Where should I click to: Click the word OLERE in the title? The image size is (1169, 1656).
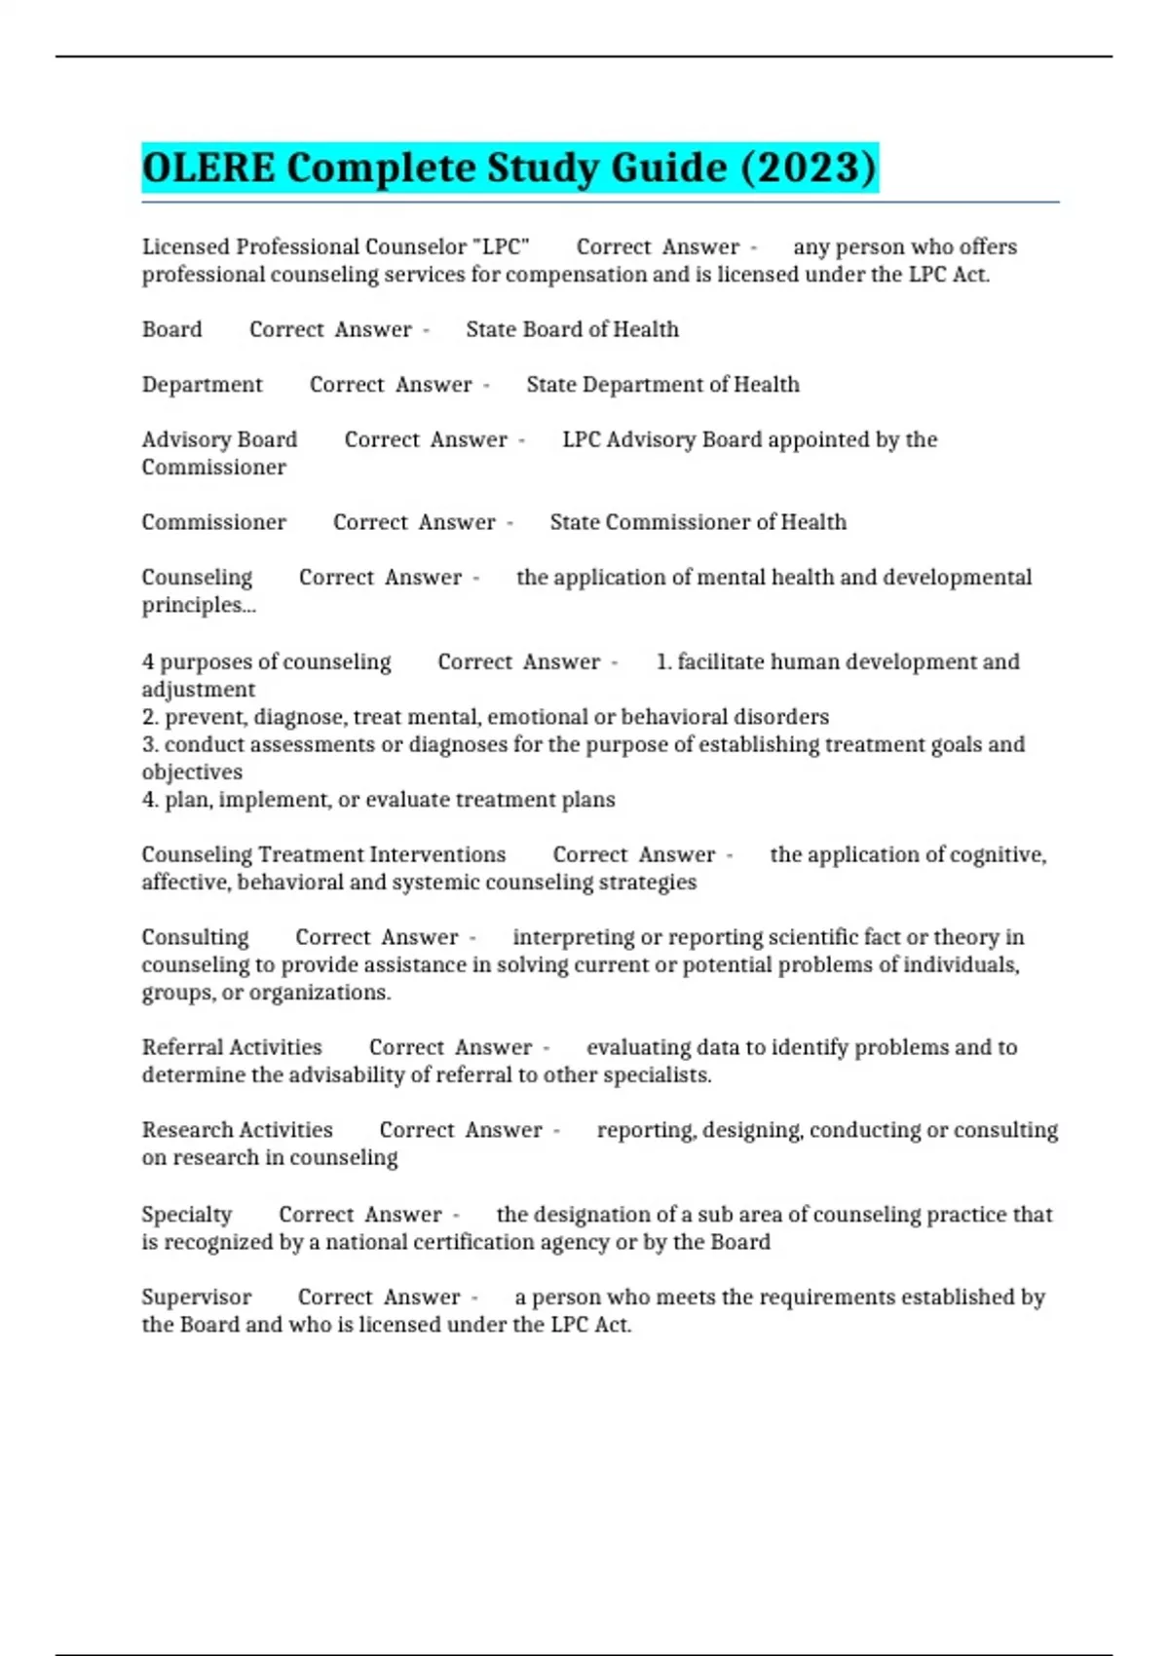[x=208, y=168]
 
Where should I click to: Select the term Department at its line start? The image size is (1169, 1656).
[x=202, y=385]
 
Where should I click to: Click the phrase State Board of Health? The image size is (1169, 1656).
[x=572, y=329]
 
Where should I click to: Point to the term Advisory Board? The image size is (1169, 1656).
[x=219, y=439]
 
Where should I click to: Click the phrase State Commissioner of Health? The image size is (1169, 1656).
[x=698, y=522]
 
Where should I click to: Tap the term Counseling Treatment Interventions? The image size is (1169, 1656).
[x=323, y=854]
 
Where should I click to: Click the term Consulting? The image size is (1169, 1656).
[x=195, y=937]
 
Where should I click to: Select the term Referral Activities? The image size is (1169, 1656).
[x=232, y=1047]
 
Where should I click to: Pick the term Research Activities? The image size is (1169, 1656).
[x=237, y=1130]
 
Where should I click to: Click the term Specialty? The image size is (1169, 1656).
[x=187, y=1215]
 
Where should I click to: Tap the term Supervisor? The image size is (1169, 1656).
[x=196, y=1298]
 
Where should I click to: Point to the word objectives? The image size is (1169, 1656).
[x=192, y=772]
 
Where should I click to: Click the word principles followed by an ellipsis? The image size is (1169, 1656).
[x=199, y=605]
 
